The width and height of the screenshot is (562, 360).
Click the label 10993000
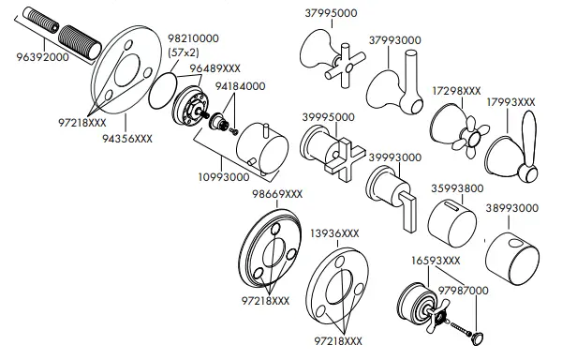pos(221,175)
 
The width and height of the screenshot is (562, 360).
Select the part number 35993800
pos(456,187)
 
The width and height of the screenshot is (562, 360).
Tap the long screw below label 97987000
pos(459,329)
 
